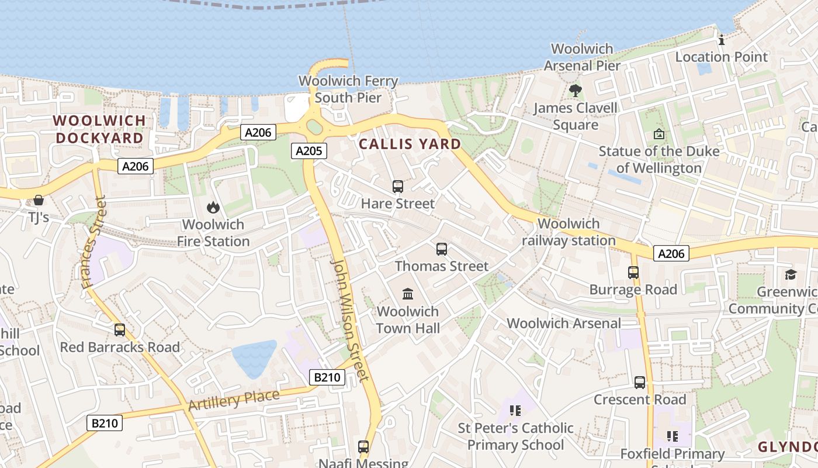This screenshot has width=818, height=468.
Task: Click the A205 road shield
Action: click(309, 151)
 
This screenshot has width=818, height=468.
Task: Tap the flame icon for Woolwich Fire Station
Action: click(213, 207)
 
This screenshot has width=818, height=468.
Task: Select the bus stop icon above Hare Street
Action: click(398, 187)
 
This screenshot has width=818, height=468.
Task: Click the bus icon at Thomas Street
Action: click(442, 249)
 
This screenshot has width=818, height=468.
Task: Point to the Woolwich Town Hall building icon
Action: click(408, 294)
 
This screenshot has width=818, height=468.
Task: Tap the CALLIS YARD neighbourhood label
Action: click(410, 144)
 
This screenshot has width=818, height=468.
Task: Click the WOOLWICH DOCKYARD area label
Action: click(99, 129)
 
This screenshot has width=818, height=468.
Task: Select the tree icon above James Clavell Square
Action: click(576, 91)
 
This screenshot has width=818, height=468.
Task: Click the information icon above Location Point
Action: click(722, 40)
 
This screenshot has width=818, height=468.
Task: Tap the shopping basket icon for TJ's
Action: click(39, 200)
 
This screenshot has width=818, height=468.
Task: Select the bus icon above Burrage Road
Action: click(633, 273)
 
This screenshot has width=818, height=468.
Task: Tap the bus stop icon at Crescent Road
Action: click(640, 383)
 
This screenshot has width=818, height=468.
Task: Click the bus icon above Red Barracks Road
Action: click(120, 330)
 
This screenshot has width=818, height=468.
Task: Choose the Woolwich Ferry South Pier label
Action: click(348, 90)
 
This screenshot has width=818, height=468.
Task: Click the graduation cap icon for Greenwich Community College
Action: click(791, 274)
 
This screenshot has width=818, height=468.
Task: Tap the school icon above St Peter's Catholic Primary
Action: click(515, 410)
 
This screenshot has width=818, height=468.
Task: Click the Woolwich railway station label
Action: click(569, 232)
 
